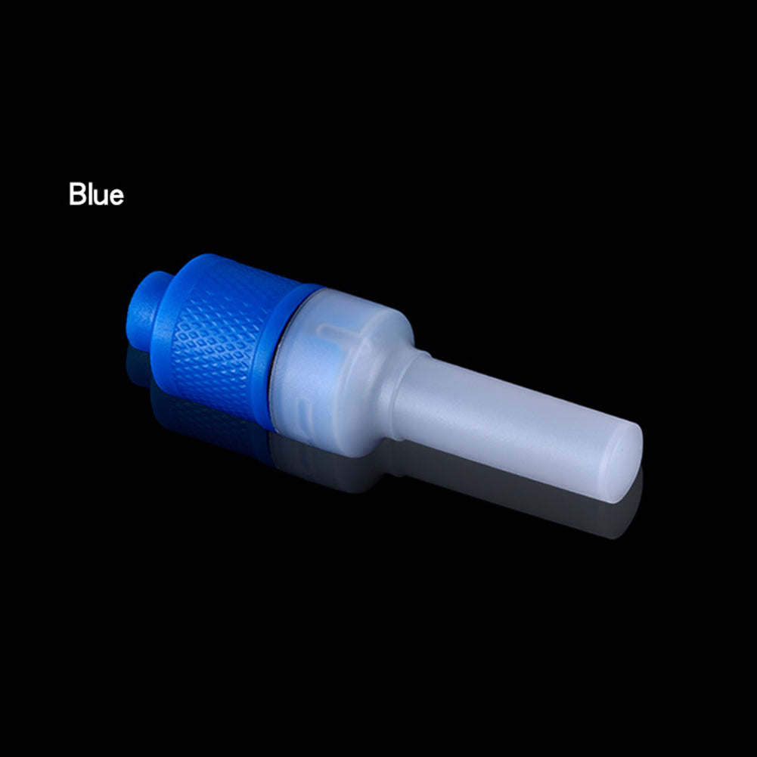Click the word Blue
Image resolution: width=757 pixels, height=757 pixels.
[96, 194]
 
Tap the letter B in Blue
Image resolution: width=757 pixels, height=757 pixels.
[77, 194]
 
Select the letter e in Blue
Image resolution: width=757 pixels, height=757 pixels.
[116, 197]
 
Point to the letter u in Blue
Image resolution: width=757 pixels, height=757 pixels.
[99, 197]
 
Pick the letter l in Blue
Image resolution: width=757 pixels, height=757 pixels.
[89, 194]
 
